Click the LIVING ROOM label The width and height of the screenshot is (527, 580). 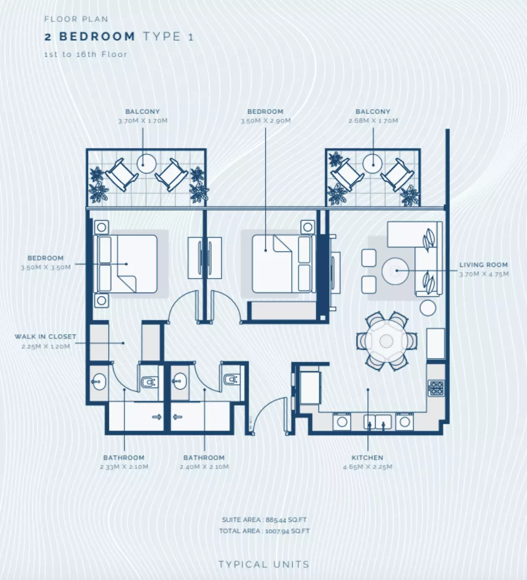pos(483,265)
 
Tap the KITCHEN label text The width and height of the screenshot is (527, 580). pos(367,458)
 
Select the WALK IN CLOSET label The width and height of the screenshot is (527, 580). pos(45,337)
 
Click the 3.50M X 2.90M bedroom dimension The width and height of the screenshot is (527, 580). pos(266,121)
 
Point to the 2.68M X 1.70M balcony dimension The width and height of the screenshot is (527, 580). pos(373,121)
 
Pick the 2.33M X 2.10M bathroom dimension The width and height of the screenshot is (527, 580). pos(124,466)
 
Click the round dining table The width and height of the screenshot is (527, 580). pos(386,341)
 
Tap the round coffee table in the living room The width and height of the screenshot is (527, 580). pos(395,271)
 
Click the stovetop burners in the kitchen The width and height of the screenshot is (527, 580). pos(436,388)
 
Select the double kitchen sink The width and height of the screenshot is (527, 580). pos(377,422)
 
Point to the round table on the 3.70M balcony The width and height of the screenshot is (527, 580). pos(147,164)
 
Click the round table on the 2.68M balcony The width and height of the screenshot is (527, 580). pos(373,164)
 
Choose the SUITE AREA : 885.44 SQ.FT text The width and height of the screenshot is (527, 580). pos(264,520)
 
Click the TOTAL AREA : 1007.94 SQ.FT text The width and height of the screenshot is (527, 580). pos(264,531)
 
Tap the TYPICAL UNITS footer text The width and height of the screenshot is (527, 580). pos(264,564)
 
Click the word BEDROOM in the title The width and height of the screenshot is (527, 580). pos(97,37)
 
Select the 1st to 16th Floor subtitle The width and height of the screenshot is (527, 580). pos(86,54)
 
